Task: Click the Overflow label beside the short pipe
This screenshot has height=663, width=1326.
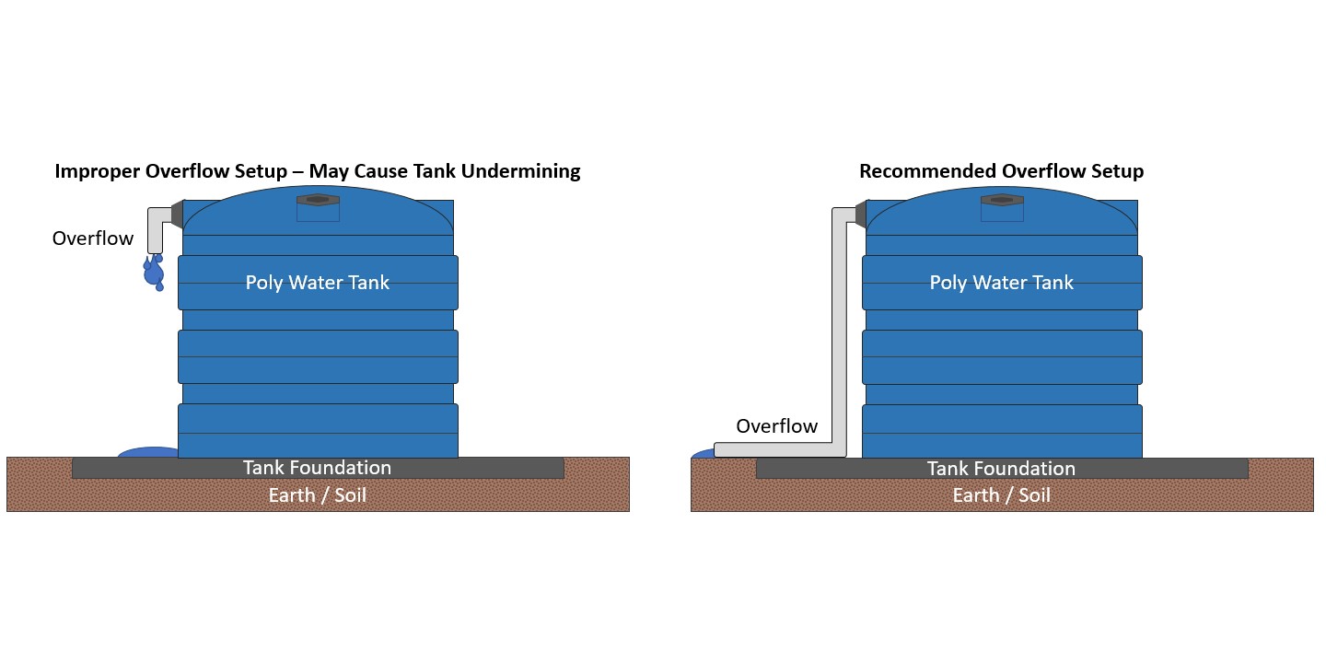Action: pyautogui.click(x=92, y=238)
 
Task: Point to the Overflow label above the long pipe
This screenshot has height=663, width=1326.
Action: pyautogui.click(x=776, y=426)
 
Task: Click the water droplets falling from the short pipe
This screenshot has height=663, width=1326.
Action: pyautogui.click(x=155, y=272)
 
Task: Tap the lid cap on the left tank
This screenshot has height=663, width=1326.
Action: pyautogui.click(x=318, y=200)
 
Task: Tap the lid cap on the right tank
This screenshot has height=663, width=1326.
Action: pyautogui.click(x=1002, y=200)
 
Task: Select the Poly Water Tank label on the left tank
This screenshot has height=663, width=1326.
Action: pyautogui.click(x=318, y=283)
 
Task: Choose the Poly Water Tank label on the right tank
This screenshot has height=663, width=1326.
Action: pyautogui.click(x=1002, y=283)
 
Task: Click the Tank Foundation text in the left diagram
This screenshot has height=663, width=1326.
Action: pyautogui.click(x=318, y=468)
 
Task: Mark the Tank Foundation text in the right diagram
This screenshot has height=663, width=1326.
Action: pyautogui.click(x=1002, y=469)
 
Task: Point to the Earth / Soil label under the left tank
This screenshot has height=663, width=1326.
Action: pyautogui.click(x=318, y=495)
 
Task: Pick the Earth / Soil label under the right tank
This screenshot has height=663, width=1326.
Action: pyautogui.click(x=1002, y=495)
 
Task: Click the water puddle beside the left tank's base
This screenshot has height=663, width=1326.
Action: pyautogui.click(x=147, y=452)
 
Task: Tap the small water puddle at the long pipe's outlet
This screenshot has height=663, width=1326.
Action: pyautogui.click(x=703, y=453)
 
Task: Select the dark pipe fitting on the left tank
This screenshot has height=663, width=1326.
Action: pyautogui.click(x=178, y=215)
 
